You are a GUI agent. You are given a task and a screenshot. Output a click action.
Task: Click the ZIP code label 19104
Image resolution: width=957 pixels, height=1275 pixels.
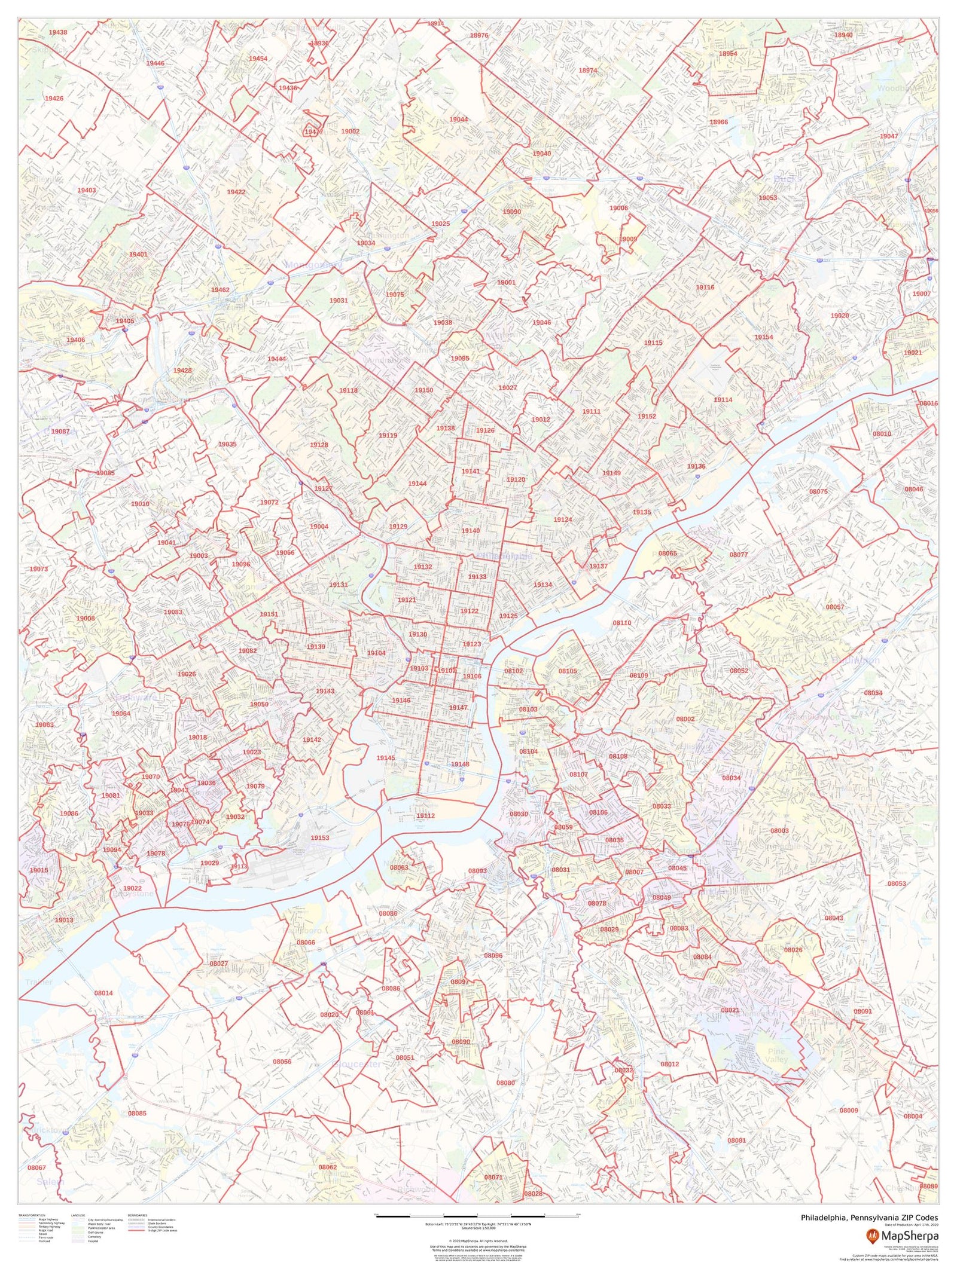pyautogui.click(x=376, y=653)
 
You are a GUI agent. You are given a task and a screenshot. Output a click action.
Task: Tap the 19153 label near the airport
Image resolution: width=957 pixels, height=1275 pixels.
pyautogui.click(x=319, y=838)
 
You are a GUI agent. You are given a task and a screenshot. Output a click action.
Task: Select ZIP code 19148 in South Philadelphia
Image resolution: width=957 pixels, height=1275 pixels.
pyautogui.click(x=460, y=765)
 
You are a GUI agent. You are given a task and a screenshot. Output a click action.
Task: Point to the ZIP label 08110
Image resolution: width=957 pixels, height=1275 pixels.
pyautogui.click(x=622, y=623)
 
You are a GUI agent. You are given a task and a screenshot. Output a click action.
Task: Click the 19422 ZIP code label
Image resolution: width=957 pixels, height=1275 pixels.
pyautogui.click(x=236, y=192)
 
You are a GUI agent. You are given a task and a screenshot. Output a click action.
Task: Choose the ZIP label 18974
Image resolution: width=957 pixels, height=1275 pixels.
pyautogui.click(x=588, y=71)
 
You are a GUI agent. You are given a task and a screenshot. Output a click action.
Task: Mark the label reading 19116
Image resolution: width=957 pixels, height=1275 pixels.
pyautogui.click(x=705, y=288)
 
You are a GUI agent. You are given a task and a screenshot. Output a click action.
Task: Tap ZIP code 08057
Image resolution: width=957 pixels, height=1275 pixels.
pyautogui.click(x=835, y=607)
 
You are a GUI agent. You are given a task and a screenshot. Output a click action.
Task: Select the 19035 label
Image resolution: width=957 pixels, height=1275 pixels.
pyautogui.click(x=227, y=445)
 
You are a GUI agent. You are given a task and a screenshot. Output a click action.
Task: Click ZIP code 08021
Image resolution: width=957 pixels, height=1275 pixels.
pyautogui.click(x=730, y=1010)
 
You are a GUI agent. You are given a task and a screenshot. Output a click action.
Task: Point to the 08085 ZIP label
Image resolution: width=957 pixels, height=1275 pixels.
pyautogui.click(x=137, y=1114)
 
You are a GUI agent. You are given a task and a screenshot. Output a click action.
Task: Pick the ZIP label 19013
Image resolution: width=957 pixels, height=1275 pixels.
pyautogui.click(x=64, y=920)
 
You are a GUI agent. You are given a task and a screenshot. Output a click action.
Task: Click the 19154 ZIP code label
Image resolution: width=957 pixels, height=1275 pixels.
pyautogui.click(x=764, y=337)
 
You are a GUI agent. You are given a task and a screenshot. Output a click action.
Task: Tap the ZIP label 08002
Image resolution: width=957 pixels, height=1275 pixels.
pyautogui.click(x=685, y=719)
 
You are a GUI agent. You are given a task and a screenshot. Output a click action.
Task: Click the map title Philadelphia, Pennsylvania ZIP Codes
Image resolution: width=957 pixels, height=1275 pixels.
pyautogui.click(x=869, y=1218)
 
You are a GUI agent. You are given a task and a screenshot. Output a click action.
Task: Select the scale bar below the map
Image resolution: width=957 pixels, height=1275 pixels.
pyautogui.click(x=477, y=1215)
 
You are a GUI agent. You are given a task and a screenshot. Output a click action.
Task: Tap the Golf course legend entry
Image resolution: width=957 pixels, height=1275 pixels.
pyautogui.click(x=95, y=1233)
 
